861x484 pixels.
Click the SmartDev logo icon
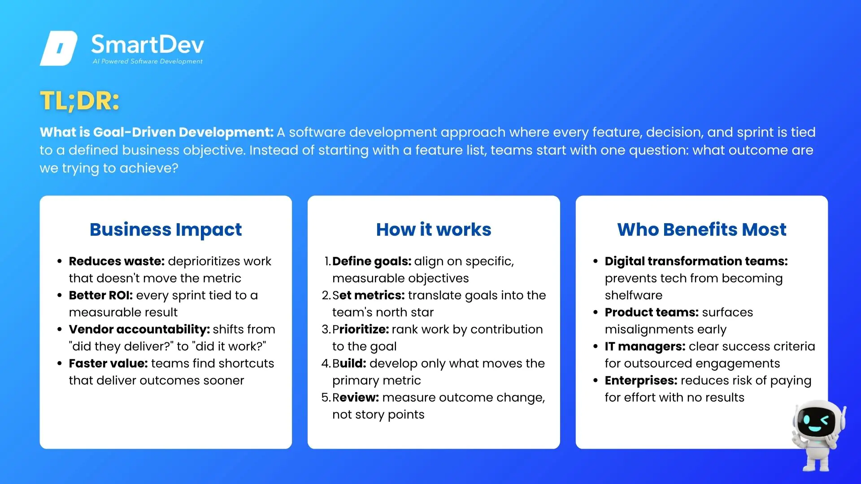(x=59, y=48)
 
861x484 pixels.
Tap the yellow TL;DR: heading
(x=80, y=100)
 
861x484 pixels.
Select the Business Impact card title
(x=165, y=229)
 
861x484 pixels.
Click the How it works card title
(x=434, y=229)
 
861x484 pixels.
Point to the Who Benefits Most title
(x=702, y=229)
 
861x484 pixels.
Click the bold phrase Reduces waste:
(x=117, y=261)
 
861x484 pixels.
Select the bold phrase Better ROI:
(x=101, y=295)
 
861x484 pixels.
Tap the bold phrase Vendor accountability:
(x=139, y=329)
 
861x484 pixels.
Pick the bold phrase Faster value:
(x=109, y=363)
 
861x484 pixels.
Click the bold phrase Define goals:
(x=372, y=261)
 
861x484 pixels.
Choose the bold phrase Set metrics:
(x=369, y=295)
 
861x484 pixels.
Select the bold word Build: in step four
(x=349, y=363)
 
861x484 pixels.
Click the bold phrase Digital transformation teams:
(x=696, y=261)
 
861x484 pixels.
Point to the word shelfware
(x=634, y=295)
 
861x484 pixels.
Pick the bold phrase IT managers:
(x=645, y=346)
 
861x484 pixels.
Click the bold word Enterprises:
(x=641, y=380)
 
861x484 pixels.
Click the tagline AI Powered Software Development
(x=148, y=61)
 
